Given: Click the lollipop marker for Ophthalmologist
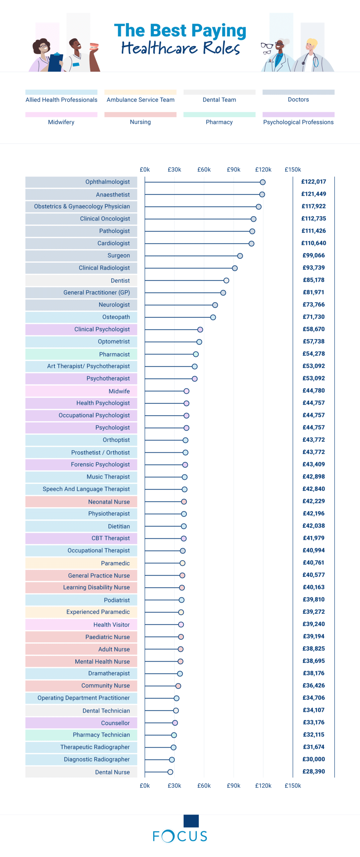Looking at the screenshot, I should coord(263,182).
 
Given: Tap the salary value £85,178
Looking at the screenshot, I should coord(313,280).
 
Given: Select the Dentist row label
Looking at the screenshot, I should coord(120,281).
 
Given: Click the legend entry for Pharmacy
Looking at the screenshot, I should coord(219,122).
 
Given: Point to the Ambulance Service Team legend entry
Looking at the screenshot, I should coord(140,99).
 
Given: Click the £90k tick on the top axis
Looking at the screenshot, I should coord(234,169).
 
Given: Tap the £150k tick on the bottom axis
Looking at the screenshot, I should coord(293,785).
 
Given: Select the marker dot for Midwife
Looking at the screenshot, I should coord(186,391).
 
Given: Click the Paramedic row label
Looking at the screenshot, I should coord(115,563).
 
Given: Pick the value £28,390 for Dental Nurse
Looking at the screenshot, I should coord(313,771).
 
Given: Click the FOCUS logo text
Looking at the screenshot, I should coord(180,836).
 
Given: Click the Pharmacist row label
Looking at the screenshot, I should coord(114,354).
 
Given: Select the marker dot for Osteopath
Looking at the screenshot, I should coord(213,317).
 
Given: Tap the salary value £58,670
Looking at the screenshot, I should coord(313,329).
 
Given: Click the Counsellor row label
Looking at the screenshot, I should coord(115,723).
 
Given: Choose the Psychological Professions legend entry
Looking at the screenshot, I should coord(298,122).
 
